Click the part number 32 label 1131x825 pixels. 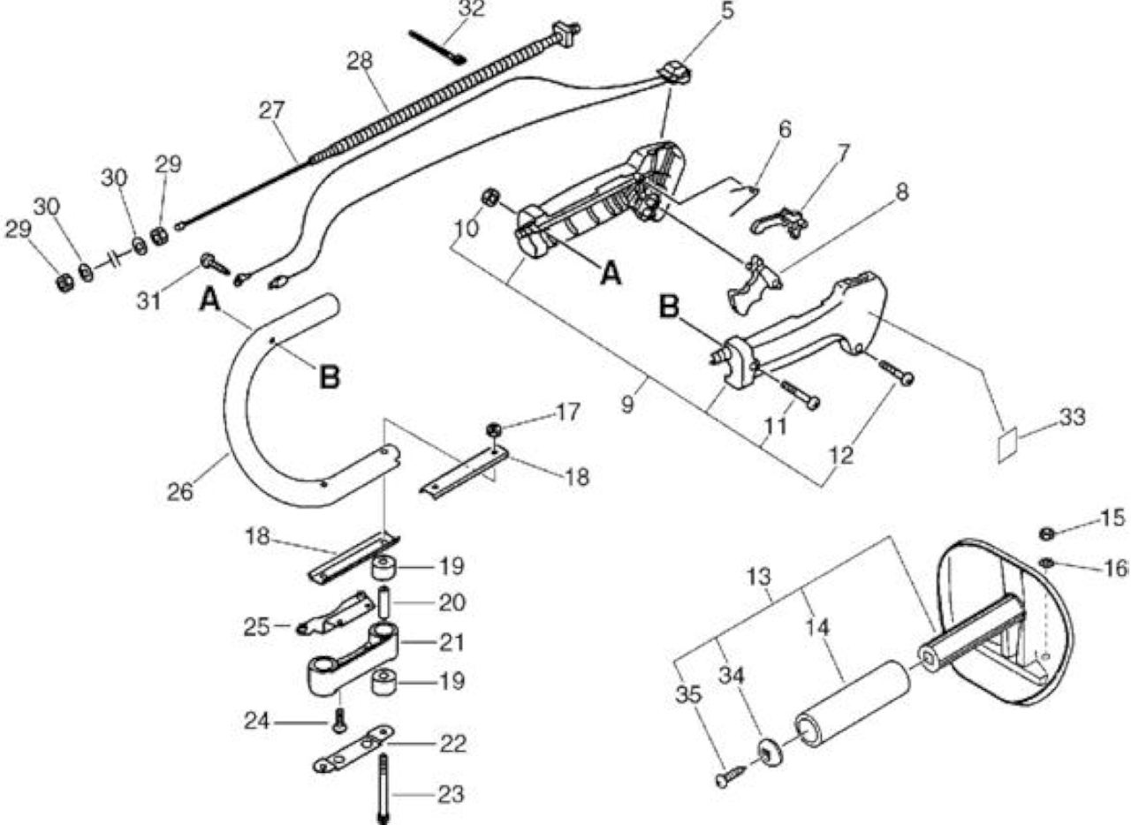[x=471, y=9]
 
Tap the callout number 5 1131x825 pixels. [x=727, y=11]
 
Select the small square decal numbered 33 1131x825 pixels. [x=1008, y=443]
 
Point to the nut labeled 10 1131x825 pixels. [x=490, y=196]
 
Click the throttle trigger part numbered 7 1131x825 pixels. [x=778, y=223]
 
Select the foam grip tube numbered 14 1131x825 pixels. [x=854, y=703]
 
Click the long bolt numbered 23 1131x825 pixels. [x=383, y=789]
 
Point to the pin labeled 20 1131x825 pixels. [x=384, y=602]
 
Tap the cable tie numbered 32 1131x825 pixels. [x=437, y=48]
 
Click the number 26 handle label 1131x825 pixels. [x=180, y=492]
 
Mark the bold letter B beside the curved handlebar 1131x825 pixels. [x=330, y=376]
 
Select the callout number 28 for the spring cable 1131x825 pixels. [x=360, y=61]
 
